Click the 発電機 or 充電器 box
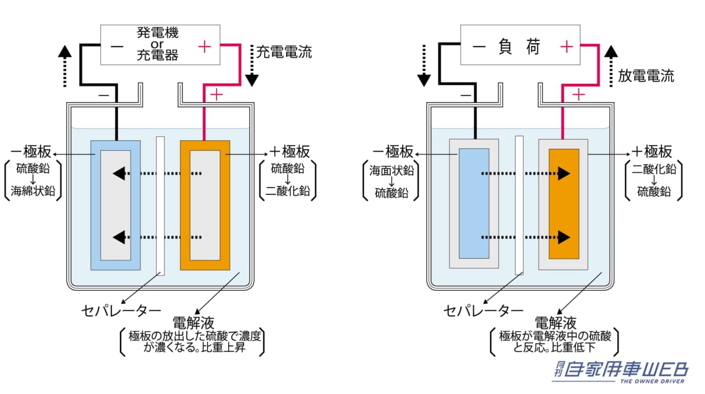[x=160, y=45]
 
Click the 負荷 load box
[x=521, y=47]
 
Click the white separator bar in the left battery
[x=160, y=205]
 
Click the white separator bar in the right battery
[x=519, y=205]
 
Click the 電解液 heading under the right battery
[x=555, y=322]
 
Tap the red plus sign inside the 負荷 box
[x=566, y=47]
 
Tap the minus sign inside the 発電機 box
[x=117, y=47]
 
